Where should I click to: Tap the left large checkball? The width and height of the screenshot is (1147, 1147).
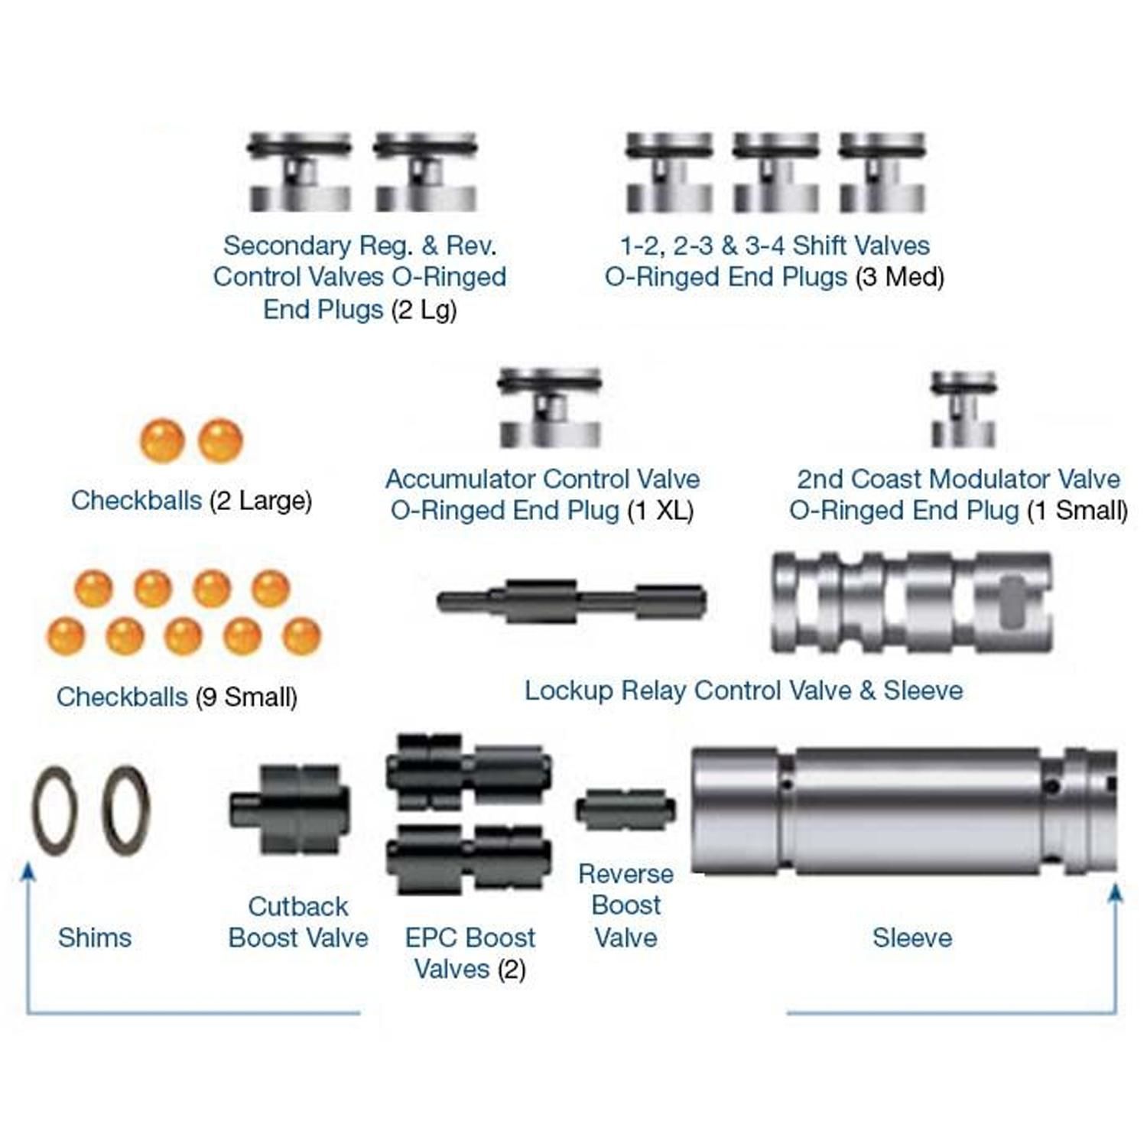pyautogui.click(x=162, y=440)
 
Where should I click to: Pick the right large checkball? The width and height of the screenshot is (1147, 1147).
pyautogui.click(x=220, y=440)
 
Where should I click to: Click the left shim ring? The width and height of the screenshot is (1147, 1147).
pyautogui.click(x=54, y=811)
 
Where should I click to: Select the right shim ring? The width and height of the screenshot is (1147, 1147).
pyautogui.click(x=126, y=811)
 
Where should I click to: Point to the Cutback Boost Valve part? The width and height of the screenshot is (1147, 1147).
pyautogui.click(x=291, y=809)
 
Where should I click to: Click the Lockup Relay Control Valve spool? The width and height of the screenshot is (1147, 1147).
pyautogui.click(x=571, y=600)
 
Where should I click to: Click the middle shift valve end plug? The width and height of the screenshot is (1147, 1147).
pyautogui.click(x=775, y=173)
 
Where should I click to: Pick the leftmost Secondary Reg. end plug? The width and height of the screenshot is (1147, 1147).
pyautogui.click(x=299, y=173)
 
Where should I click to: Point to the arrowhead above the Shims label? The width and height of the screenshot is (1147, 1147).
pyautogui.click(x=28, y=872)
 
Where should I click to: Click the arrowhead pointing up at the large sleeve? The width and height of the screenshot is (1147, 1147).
pyautogui.click(x=1116, y=893)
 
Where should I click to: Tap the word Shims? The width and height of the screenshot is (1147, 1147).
pyautogui.click(x=95, y=937)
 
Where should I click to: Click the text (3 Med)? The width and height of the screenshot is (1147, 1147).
pyautogui.click(x=900, y=277)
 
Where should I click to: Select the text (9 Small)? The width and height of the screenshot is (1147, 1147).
pyautogui.click(x=246, y=697)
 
